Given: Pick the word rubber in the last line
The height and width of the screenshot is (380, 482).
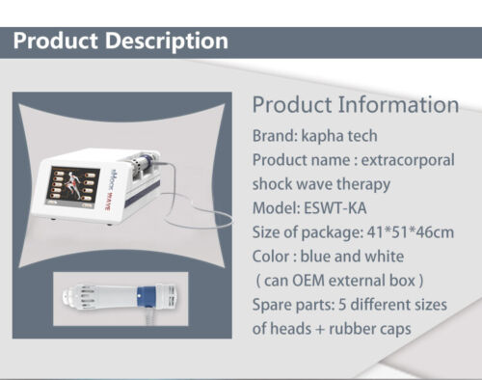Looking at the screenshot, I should pos(360,329).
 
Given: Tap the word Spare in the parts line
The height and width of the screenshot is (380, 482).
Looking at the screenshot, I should pos(274,305).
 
